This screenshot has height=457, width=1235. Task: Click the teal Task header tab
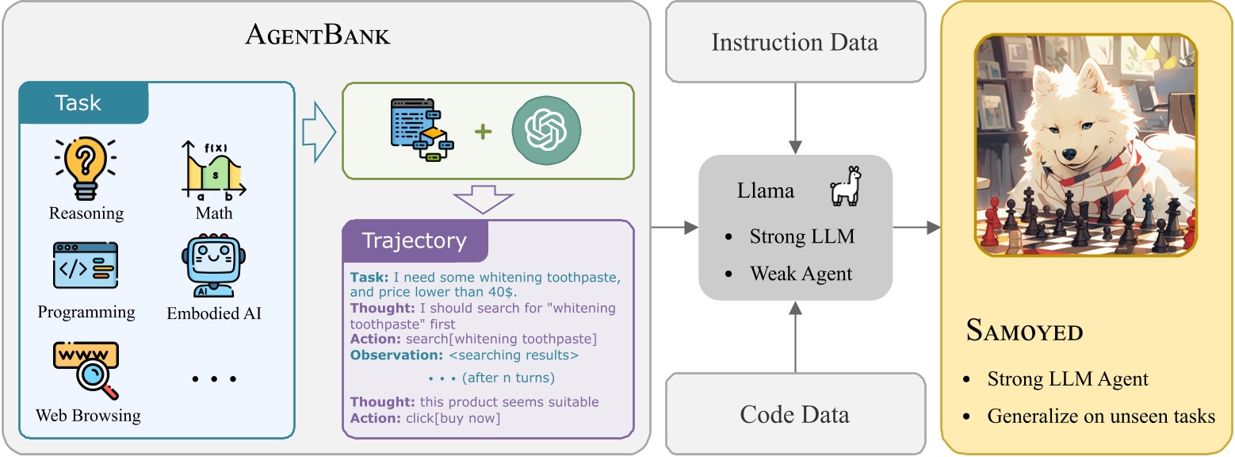tap(79, 102)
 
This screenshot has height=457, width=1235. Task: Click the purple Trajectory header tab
tap(414, 240)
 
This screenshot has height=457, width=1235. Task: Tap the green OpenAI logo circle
tap(546, 130)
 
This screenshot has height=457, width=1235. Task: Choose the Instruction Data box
tap(794, 42)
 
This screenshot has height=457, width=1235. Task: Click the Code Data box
tap(794, 413)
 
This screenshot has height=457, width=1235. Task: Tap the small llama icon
tap(845, 187)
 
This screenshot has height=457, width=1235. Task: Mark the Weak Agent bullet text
tap(801, 274)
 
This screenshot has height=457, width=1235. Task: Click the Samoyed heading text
tap(1024, 331)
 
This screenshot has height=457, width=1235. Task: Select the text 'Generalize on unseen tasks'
tap(1100, 416)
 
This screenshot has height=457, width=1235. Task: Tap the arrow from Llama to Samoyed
tap(916, 228)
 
